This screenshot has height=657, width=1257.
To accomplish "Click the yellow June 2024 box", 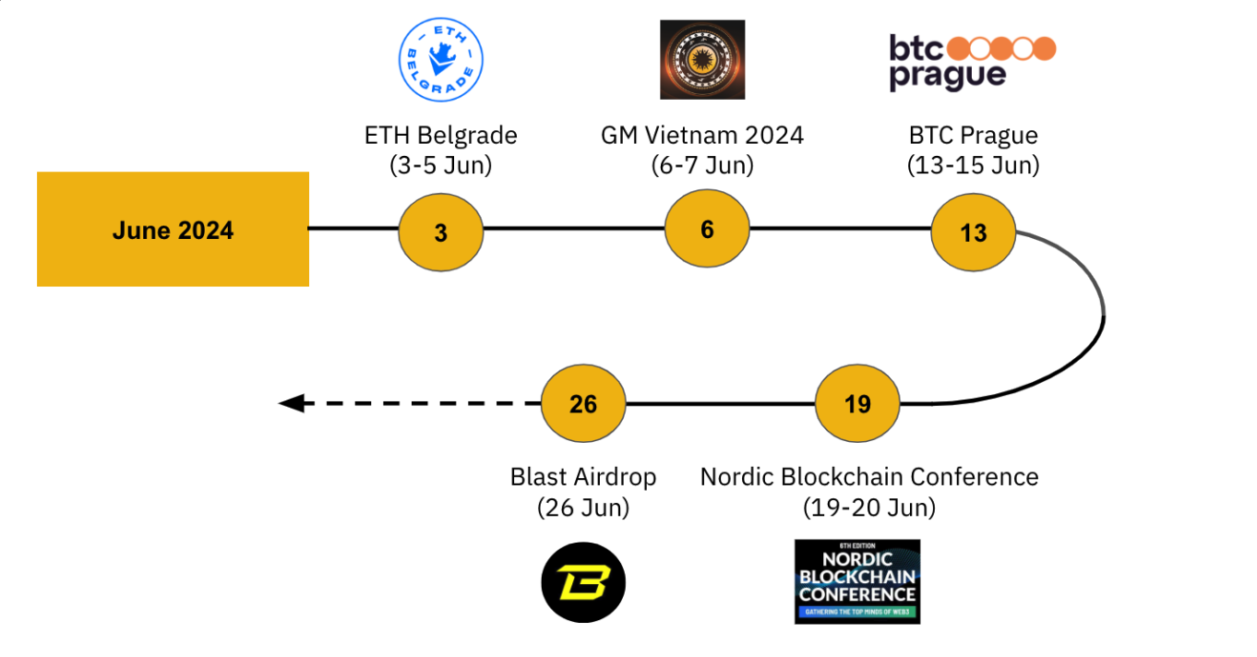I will tap(173, 229).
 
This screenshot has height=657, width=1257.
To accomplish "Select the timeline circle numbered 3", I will tap(441, 233).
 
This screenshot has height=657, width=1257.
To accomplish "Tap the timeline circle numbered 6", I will tap(707, 229).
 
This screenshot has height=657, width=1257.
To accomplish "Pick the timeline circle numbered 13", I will tap(973, 233).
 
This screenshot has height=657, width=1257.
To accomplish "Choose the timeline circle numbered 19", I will tap(857, 403).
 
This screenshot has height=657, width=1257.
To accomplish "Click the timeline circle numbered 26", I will tap(583, 403).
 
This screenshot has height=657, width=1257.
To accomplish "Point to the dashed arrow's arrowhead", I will tap(292, 403).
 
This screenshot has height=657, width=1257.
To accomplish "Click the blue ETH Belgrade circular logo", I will tap(440, 60).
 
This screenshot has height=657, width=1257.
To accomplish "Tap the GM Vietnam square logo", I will tap(702, 60).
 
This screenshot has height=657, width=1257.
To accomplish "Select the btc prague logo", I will tap(972, 61).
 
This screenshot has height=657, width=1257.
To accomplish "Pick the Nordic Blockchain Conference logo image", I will tap(857, 581).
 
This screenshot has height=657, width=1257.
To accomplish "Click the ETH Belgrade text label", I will tap(441, 135).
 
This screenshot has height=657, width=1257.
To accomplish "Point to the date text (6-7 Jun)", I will tap(702, 165).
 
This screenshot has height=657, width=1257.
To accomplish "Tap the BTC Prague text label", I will tap(973, 135).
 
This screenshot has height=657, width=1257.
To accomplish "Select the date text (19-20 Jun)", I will tap(869, 507).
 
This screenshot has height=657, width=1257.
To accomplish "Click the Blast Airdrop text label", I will tap(583, 476).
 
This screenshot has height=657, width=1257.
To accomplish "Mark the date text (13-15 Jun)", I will tap(973, 165).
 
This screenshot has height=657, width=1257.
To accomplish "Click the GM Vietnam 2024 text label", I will tap(702, 135).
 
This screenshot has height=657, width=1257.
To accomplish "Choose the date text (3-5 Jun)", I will tap(441, 165).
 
